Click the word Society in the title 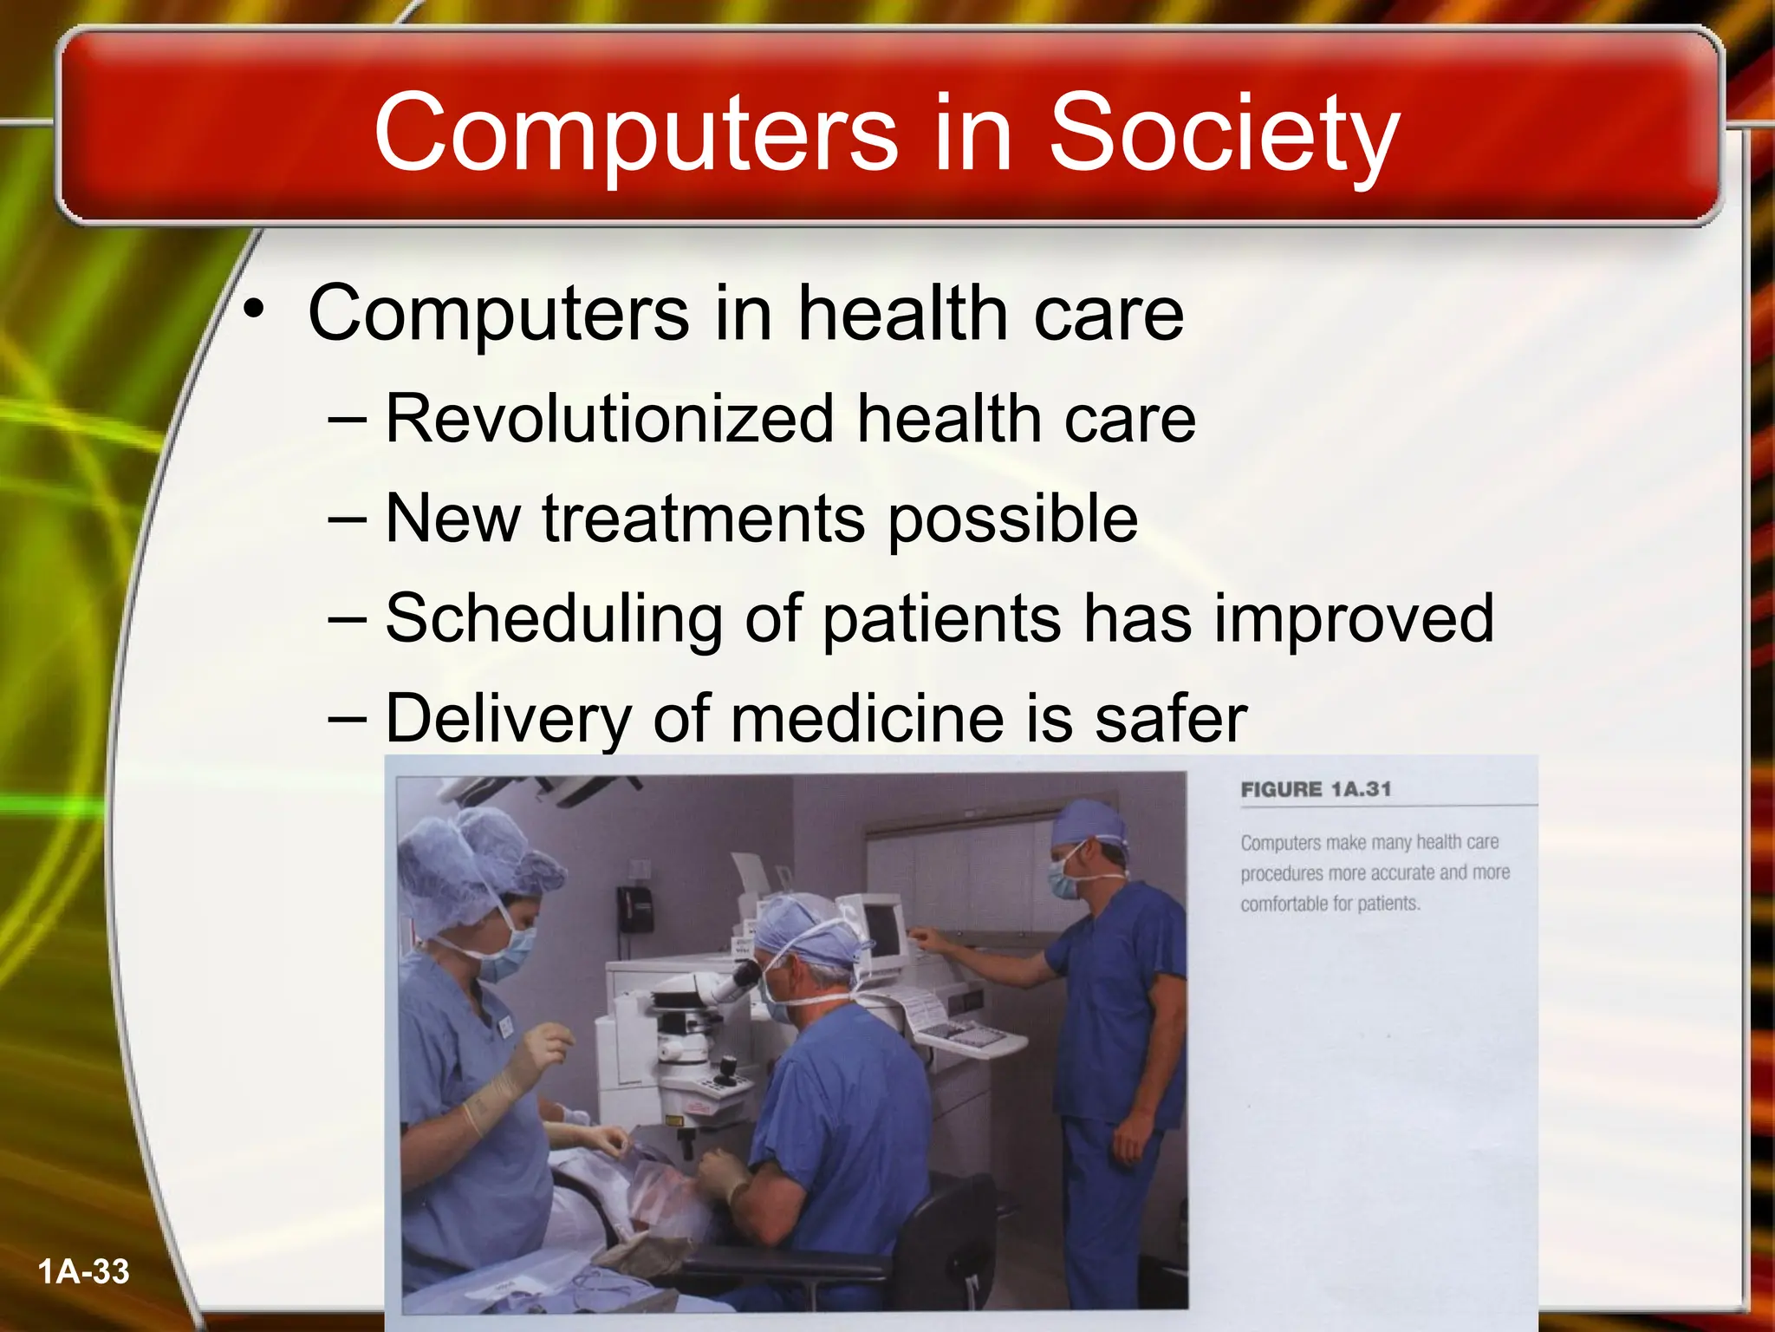click(x=1224, y=134)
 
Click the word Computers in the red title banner click(x=635, y=134)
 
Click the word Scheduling click(x=553, y=619)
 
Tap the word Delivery click(x=508, y=719)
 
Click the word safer click(x=1170, y=719)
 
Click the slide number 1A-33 click(x=84, y=1271)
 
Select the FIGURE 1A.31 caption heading click(x=1316, y=790)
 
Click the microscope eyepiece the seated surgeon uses click(x=744, y=978)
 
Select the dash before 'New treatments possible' click(x=348, y=519)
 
